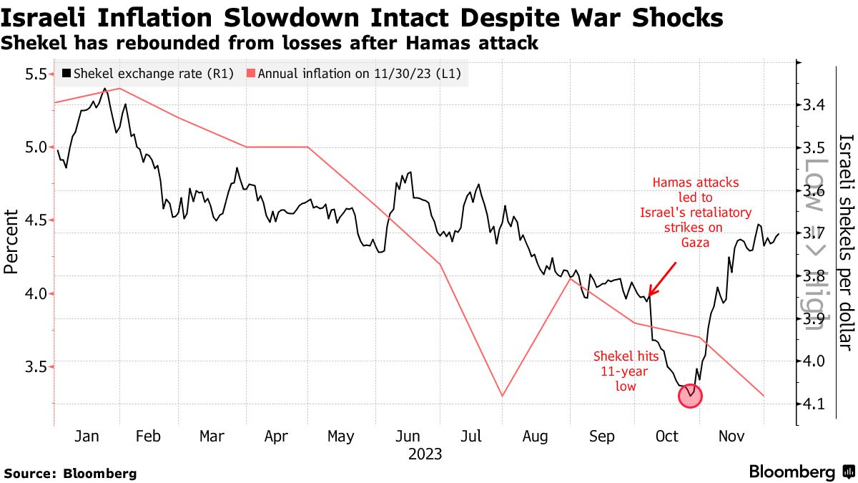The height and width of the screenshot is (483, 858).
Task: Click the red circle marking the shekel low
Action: tap(690, 395)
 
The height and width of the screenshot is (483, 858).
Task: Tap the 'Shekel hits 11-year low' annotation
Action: tap(616, 371)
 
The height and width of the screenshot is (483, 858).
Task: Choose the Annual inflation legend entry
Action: tap(354, 73)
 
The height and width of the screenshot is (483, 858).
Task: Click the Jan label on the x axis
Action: tap(87, 436)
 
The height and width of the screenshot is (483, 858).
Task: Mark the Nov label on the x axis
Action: tap(731, 436)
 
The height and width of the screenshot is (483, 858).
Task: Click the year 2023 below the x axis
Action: tap(425, 454)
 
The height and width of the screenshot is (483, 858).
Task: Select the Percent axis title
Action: tap(11, 241)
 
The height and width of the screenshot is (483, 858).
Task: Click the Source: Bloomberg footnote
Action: tap(70, 473)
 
